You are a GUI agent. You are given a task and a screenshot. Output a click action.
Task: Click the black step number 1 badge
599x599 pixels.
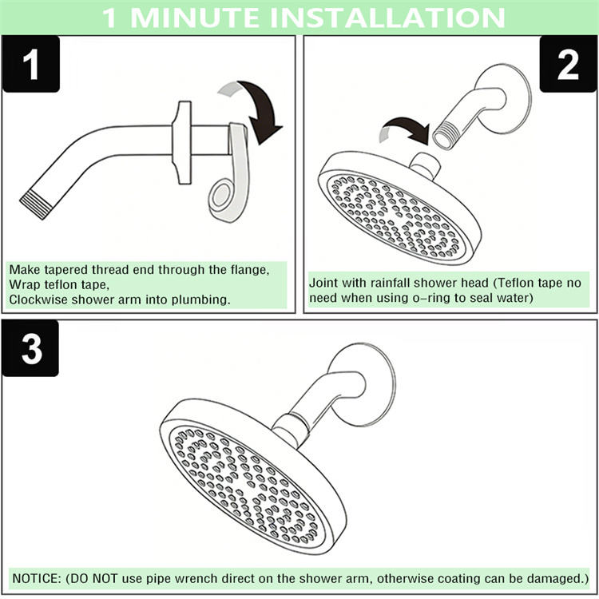pos(31,64)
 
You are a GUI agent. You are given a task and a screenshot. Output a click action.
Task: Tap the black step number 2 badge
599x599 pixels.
pos(568,64)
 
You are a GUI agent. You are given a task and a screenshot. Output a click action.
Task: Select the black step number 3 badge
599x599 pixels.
pos(30,348)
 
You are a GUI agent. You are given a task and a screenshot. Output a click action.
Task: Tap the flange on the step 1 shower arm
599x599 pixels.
pos(183,142)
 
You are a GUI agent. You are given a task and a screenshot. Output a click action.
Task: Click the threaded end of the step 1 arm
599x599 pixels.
pos(35,204)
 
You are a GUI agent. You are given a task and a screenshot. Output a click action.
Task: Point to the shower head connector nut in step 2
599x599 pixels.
pos(425,166)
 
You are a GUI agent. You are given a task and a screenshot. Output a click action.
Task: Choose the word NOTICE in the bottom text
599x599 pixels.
pos(36,578)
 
